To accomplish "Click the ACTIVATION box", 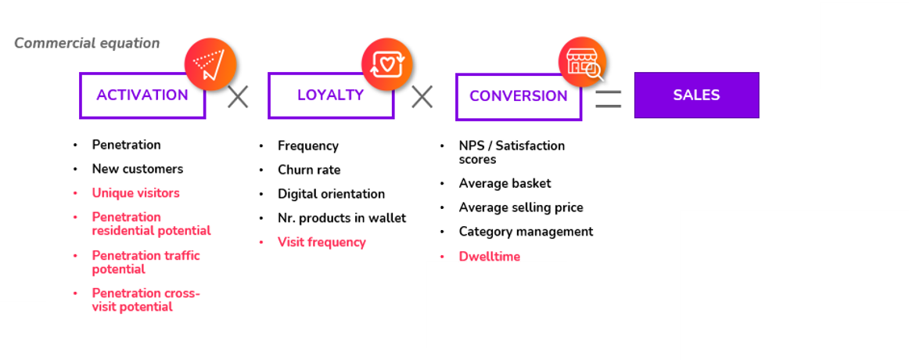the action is pos(142,95).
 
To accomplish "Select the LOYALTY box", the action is pos(330,95).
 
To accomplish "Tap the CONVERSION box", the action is pos(519,96).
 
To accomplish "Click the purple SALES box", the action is pos(696,95).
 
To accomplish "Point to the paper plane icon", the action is pos(210,63).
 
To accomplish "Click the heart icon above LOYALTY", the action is pos(386,63).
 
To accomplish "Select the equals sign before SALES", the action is pos(608,99).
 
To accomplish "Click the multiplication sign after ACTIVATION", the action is pos(238,96).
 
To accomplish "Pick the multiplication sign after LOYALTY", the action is pos(422,96).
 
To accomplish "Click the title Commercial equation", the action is pos(87,44).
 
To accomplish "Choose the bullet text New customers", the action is pos(138,169).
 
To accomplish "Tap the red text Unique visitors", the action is pos(135,193).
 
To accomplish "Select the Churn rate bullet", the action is pos(309,170).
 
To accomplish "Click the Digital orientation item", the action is pos(331,193).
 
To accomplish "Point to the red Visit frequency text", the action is pos(322,243).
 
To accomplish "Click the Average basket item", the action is pos(505,183).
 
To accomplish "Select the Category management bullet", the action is pos(526,232).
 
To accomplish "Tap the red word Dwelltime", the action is pos(489,256).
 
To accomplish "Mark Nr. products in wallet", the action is pos(342,218).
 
